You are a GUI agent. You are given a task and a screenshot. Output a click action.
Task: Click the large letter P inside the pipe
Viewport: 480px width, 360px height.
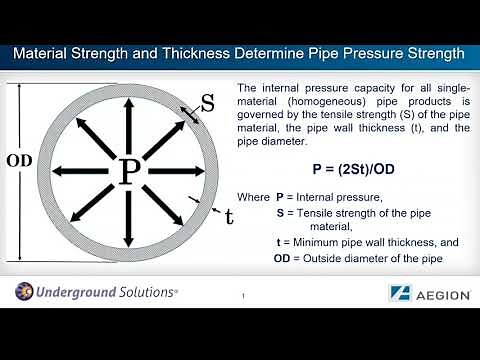pyautogui.click(x=129, y=171)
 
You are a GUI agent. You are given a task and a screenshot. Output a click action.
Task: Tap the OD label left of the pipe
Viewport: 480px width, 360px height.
pyautogui.click(x=20, y=161)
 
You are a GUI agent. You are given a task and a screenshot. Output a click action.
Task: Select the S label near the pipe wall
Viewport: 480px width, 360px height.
pyautogui.click(x=208, y=102)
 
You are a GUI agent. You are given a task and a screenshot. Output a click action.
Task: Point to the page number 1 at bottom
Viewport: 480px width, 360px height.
pyautogui.click(x=243, y=296)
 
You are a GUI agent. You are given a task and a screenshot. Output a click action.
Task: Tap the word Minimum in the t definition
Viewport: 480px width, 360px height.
pyautogui.click(x=322, y=243)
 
